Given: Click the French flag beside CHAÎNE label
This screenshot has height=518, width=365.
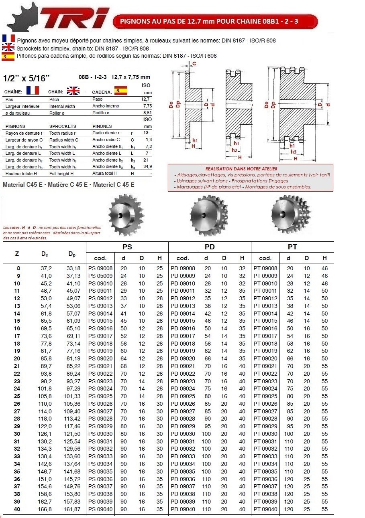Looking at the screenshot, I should coord(33,90).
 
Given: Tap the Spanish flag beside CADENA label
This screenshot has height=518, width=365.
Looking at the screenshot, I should coord(120,90).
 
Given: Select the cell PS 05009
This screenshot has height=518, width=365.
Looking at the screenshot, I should coord(100,276).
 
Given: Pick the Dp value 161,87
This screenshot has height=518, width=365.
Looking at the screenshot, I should coord(73,509).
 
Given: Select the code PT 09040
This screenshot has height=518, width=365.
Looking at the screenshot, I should coord(265,509).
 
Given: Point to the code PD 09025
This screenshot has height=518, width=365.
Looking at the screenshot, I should coord(183,396).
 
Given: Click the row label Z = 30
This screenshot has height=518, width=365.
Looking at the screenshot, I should coord(17,434).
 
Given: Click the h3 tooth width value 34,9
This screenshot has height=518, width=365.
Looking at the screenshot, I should coord(147,166).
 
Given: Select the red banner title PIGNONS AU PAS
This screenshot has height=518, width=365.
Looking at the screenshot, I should coord(215,21).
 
